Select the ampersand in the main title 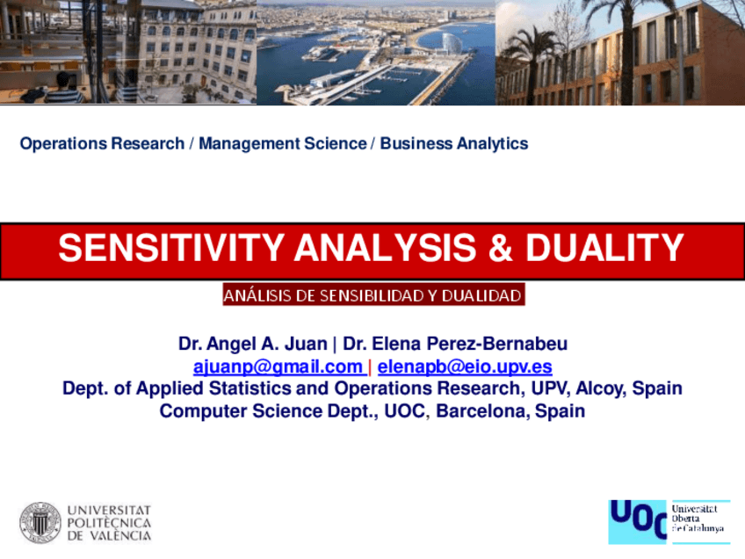(x=499, y=249)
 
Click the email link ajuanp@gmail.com (x=278, y=367)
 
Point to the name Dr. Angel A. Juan (x=252, y=344)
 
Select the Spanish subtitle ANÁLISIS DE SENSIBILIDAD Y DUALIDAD (x=372, y=295)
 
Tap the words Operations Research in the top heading (x=102, y=143)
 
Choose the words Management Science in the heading (x=282, y=143)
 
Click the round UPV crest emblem (x=40, y=522)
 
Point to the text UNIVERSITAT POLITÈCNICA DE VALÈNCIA (x=109, y=522)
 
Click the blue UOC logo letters (x=638, y=520)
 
